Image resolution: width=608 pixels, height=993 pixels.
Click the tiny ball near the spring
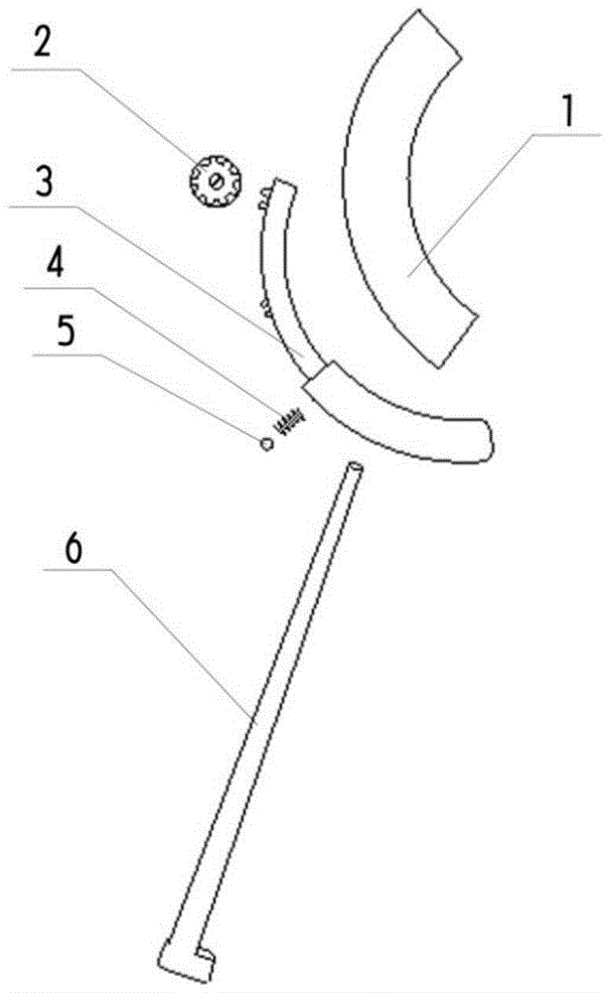(266, 444)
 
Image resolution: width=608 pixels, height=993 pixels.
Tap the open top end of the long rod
(356, 467)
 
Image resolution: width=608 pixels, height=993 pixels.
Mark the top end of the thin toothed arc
(286, 184)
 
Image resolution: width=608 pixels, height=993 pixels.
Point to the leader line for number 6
(169, 636)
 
